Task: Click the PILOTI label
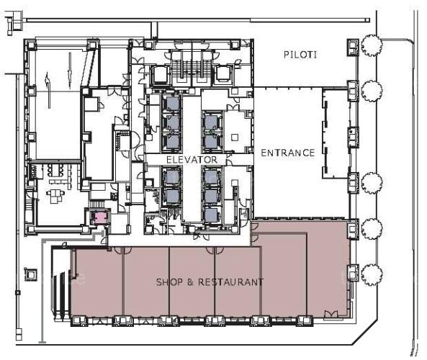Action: pos(300,55)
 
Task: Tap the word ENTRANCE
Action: pos(288,153)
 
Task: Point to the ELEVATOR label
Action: pos(192,160)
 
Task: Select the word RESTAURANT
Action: pos(230,282)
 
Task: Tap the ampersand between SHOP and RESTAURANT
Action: pos(190,282)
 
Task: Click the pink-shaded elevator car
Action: pos(100,217)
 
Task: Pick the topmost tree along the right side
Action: pos(372,45)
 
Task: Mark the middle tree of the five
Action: pos(372,183)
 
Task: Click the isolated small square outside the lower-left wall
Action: pos(31,274)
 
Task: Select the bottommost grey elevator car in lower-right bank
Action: pos(211,215)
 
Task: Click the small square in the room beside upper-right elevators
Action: pos(235,138)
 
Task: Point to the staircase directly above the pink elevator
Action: pos(96,204)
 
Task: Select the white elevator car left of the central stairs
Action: pos(160,74)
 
